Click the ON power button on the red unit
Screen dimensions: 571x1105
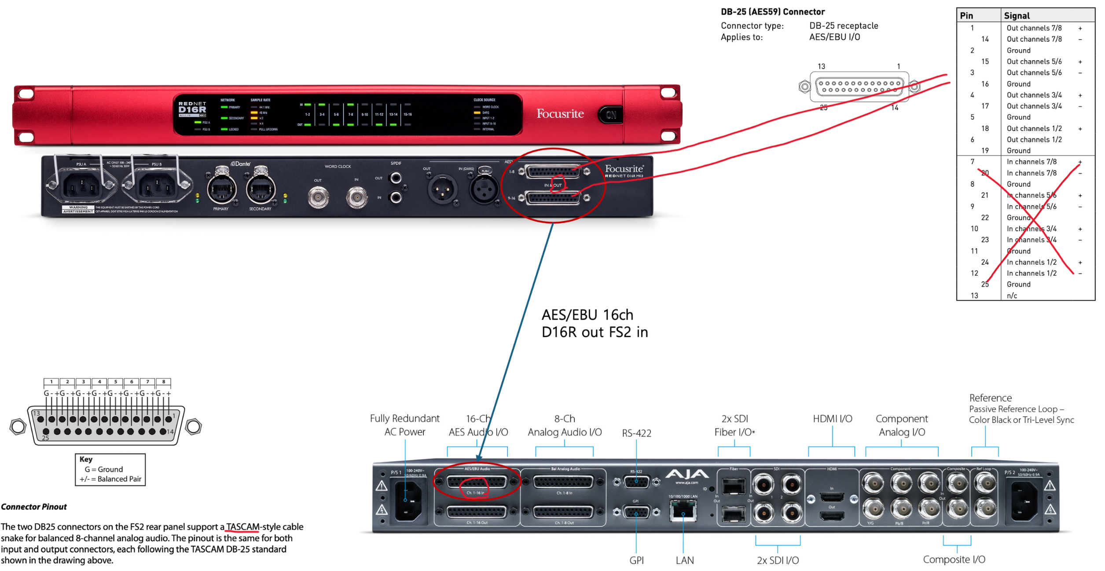coord(611,115)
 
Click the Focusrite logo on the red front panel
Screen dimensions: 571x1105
coord(560,114)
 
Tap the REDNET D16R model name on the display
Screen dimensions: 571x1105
coord(192,109)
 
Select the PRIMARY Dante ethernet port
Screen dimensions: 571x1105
coord(221,189)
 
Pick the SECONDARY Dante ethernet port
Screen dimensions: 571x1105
coord(261,189)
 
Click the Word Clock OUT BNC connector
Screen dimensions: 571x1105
coord(318,197)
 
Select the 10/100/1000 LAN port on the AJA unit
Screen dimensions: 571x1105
coord(683,511)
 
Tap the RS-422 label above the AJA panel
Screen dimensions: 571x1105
coord(636,433)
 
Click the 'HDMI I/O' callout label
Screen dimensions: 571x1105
coord(832,419)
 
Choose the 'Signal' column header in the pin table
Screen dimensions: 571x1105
coord(1017,16)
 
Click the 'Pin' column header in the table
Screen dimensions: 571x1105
coord(966,16)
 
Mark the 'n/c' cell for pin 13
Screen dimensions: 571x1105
coord(1012,296)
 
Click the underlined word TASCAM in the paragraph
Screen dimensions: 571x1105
coord(242,527)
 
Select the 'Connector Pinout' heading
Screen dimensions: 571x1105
coord(34,507)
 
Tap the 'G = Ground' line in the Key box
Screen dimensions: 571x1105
coord(104,469)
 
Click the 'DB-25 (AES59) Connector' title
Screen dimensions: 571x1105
coord(773,12)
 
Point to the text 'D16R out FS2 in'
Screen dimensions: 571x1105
coord(595,332)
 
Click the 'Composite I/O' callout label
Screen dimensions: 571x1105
coord(954,560)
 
